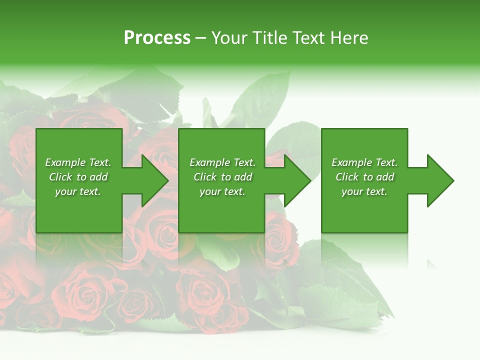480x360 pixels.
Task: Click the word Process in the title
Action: tap(157, 38)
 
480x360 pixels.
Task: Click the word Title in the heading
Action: tap(269, 38)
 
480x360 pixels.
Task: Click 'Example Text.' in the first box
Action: tap(78, 162)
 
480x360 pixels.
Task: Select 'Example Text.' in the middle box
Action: tap(222, 162)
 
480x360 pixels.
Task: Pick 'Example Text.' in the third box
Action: tap(364, 162)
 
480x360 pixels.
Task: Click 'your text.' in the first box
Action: tap(78, 191)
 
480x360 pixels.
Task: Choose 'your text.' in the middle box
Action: tap(222, 191)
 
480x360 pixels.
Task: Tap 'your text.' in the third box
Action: tap(364, 191)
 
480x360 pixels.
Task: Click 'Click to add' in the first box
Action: tap(78, 177)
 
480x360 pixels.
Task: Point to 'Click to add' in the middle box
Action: tap(222, 177)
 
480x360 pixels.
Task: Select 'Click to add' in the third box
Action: tap(364, 177)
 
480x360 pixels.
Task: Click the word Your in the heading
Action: tap(228, 38)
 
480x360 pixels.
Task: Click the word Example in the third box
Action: tap(351, 162)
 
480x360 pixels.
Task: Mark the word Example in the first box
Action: tap(65, 162)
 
